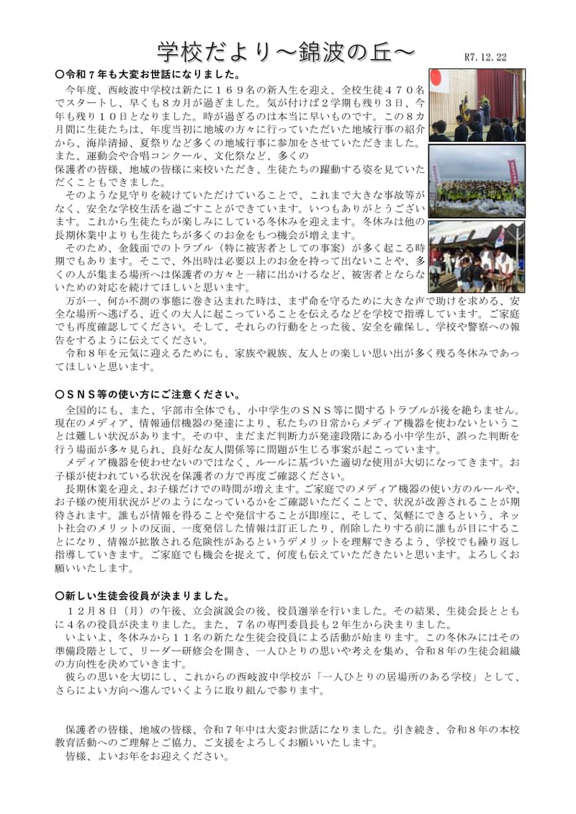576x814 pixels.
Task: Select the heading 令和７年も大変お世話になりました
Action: pyautogui.click(x=151, y=74)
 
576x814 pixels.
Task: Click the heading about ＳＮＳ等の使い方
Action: pyautogui.click(x=151, y=395)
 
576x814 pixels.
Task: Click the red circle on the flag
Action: pyautogui.click(x=436, y=79)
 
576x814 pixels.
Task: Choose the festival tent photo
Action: pyautogui.click(x=475, y=255)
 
